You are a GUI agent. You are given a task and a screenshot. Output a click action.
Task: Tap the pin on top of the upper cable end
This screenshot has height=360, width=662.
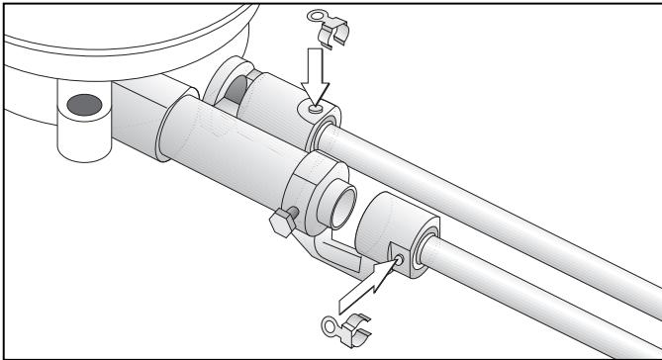pyautogui.click(x=313, y=109)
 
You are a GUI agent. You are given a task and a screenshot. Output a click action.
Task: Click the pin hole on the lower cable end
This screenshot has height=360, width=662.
pyautogui.click(x=397, y=261)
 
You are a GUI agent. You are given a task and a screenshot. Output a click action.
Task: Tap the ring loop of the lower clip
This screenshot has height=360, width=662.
pyautogui.click(x=331, y=322)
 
